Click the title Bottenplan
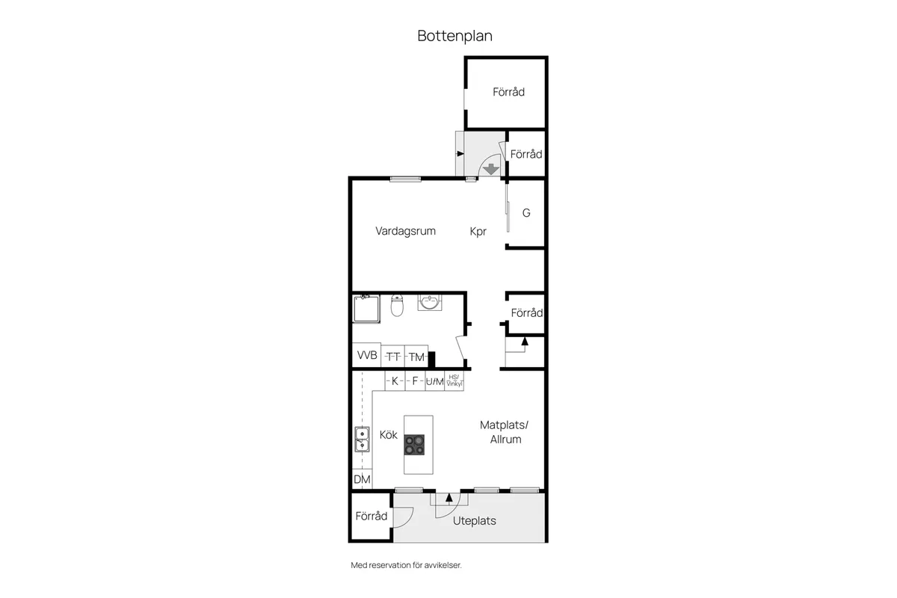(454, 36)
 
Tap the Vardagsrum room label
(405, 231)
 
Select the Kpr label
(478, 232)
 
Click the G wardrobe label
(526, 213)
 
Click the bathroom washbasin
(429, 302)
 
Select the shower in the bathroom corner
(366, 307)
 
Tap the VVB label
(366, 355)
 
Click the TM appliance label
(416, 357)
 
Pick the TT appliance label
(393, 357)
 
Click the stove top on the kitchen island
(414, 445)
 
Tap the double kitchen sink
(362, 440)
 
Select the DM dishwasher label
(362, 479)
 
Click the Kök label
(388, 434)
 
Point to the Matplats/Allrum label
(504, 432)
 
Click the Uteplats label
(475, 521)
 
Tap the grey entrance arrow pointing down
(490, 169)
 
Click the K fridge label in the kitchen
(395, 381)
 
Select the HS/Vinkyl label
(454, 381)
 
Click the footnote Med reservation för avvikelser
(407, 565)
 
